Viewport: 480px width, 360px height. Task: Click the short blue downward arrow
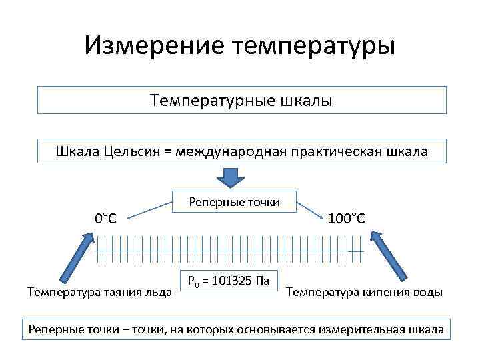click(232, 178)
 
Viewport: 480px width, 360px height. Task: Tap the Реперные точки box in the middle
click(235, 202)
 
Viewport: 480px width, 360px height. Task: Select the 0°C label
click(105, 218)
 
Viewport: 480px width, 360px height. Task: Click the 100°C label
click(347, 218)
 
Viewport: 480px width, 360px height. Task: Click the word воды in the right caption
click(427, 291)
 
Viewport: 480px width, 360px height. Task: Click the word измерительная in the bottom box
click(361, 330)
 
